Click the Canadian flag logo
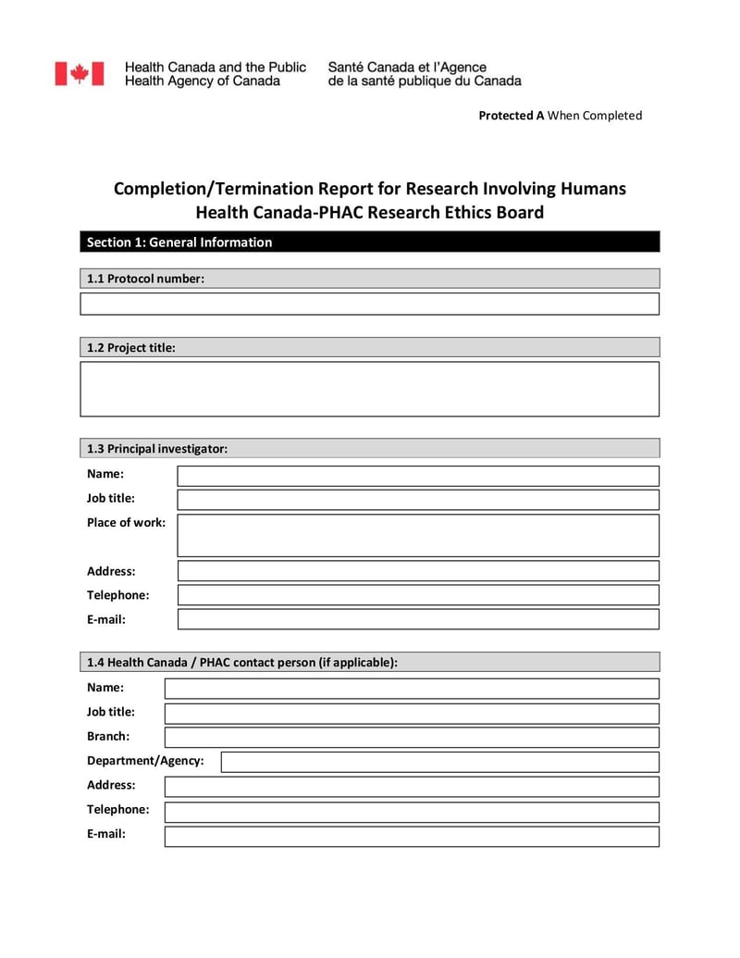79,74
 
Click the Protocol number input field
369,304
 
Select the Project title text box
369,389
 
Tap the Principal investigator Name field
418,476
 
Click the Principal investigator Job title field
418,500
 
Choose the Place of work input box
418,535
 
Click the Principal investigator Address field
418,571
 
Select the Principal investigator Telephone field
418,595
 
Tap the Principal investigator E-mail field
418,619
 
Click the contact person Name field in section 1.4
412,689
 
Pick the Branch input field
412,738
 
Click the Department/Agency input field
439,762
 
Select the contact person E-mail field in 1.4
412,836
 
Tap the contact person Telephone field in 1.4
412,812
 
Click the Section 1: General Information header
179,243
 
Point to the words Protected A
511,116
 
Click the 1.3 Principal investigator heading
157,449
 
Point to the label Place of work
126,522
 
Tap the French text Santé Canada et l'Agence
407,68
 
